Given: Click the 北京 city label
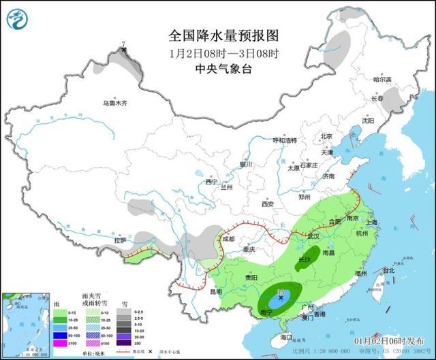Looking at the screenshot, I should tap(326, 135).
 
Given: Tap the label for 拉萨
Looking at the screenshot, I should tap(120, 240).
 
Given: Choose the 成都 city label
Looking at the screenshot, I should tap(227, 239).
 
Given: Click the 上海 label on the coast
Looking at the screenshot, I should tap(372, 222).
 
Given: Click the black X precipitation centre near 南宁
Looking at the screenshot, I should tap(280, 297).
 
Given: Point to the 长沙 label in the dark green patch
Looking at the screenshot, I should tap(304, 260).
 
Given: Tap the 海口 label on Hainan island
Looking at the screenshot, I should tap(286, 336).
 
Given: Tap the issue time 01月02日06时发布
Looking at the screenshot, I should tap(398, 340).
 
